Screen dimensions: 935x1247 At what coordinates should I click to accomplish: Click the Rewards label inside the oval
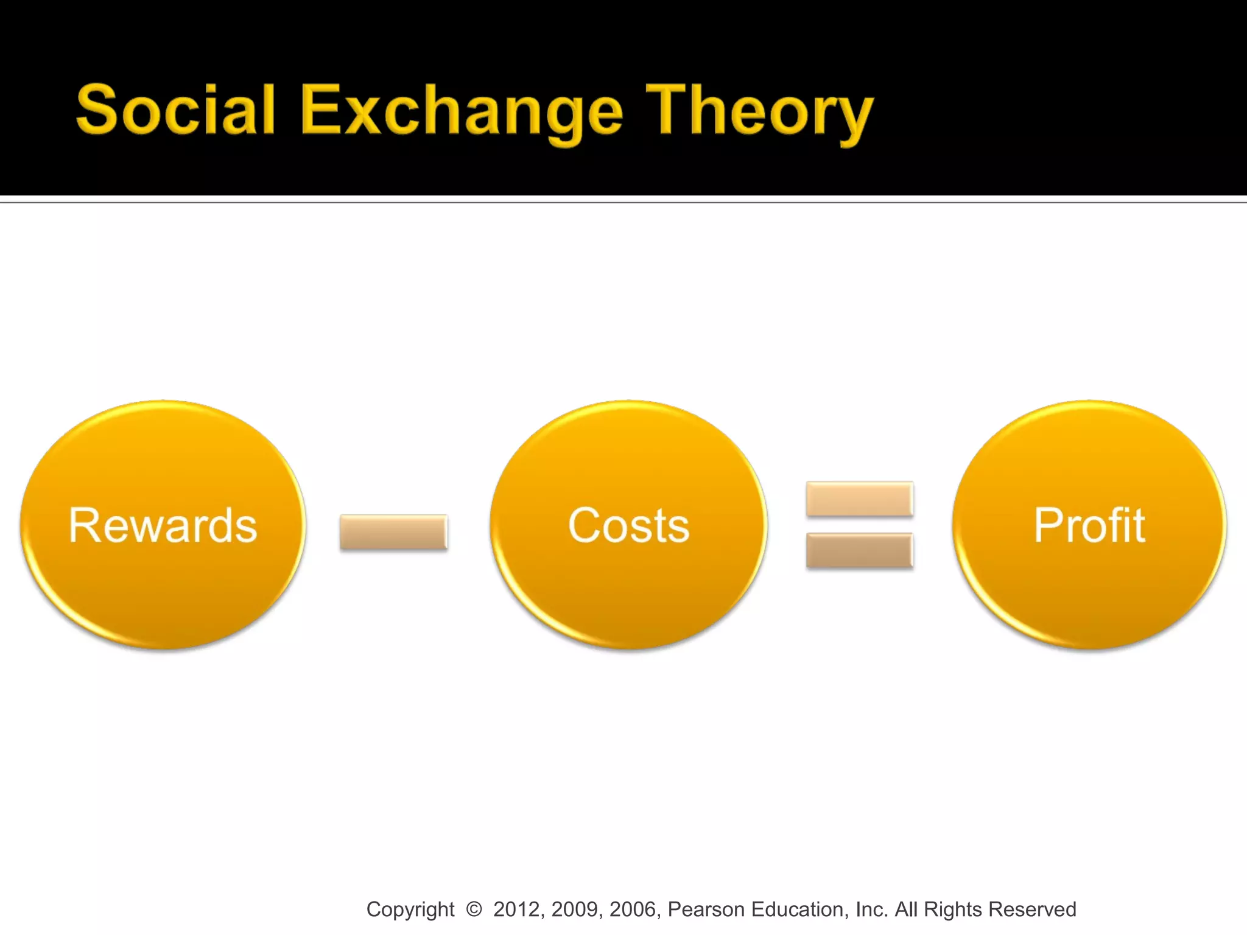[163, 525]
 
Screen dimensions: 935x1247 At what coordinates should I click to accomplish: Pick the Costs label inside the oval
[628, 525]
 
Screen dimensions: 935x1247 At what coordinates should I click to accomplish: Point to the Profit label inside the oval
[1089, 525]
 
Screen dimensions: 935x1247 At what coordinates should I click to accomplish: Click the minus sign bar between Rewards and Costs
[393, 532]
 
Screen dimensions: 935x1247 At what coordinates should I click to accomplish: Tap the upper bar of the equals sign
[859, 499]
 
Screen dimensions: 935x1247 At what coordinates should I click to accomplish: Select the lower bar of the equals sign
[859, 550]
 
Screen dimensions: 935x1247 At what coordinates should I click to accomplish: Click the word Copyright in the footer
[410, 909]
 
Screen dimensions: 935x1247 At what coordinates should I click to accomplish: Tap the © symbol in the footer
[474, 909]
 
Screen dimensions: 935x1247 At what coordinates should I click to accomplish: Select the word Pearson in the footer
[706, 909]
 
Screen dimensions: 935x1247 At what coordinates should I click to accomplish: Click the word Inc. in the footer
[871, 909]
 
